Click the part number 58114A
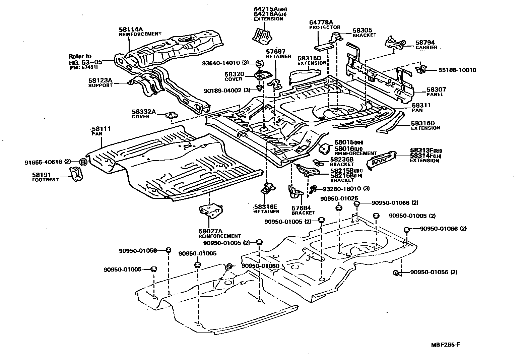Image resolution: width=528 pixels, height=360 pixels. (x=131, y=29)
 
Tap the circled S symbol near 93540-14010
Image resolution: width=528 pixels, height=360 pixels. (x=259, y=63)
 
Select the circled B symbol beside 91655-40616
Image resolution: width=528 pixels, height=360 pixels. (x=83, y=162)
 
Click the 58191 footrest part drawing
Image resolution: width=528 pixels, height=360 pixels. (x=76, y=174)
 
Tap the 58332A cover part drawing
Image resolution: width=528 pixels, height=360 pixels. (x=171, y=115)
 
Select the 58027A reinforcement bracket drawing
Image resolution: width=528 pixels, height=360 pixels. (x=211, y=211)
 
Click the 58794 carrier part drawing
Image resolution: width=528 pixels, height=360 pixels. (x=396, y=43)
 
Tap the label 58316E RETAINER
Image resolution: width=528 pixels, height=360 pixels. (x=266, y=209)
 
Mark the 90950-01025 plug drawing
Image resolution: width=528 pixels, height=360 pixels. (x=339, y=208)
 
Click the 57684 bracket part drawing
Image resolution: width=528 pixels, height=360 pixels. (x=295, y=193)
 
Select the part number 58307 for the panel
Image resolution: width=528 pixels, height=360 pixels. (x=436, y=90)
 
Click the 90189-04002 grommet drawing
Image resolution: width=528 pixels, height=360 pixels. (x=259, y=88)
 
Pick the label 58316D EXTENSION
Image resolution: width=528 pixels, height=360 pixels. (x=425, y=125)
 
